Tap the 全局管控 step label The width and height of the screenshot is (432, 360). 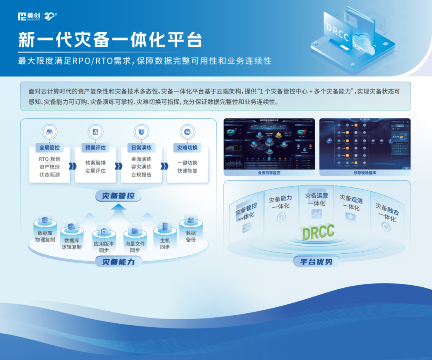(x=50, y=147)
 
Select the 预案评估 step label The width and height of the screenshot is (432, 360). (x=96, y=147)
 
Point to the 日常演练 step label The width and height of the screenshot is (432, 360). (x=141, y=147)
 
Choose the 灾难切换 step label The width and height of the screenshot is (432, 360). (x=187, y=147)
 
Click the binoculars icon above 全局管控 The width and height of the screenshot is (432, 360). (x=50, y=131)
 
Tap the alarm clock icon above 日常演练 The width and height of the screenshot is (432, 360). (x=141, y=131)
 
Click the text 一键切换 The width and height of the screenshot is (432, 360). (x=187, y=163)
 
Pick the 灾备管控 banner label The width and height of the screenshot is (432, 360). (x=118, y=196)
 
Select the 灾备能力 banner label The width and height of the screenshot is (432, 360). (x=118, y=262)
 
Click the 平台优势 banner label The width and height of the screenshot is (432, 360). (x=316, y=262)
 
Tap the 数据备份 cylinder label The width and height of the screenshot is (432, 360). (x=191, y=236)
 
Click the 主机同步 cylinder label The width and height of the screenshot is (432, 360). (x=165, y=244)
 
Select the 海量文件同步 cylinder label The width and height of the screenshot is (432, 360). (x=135, y=247)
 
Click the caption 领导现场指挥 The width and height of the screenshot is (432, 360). (x=364, y=173)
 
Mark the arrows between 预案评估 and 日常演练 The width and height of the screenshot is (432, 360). (x=118, y=166)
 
